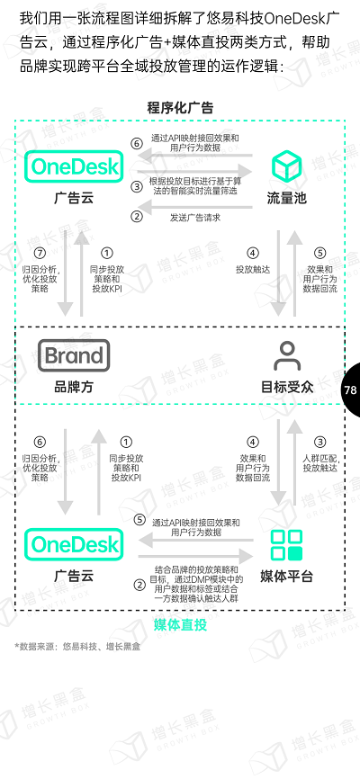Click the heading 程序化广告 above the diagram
click(180, 108)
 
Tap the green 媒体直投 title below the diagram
click(180, 624)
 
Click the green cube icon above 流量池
click(286, 166)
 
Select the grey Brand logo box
click(74, 355)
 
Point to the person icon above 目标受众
click(287, 355)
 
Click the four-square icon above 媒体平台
click(286, 545)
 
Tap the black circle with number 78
click(351, 389)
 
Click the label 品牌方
click(74, 387)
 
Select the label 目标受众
click(287, 387)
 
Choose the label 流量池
click(286, 198)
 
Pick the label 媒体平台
click(286, 577)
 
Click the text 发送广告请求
click(195, 217)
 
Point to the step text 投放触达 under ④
click(253, 269)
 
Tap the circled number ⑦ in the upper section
click(40, 254)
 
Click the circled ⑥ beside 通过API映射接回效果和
click(137, 144)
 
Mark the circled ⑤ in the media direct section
click(140, 520)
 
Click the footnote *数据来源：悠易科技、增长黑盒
click(77, 647)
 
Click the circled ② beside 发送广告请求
click(137, 217)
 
